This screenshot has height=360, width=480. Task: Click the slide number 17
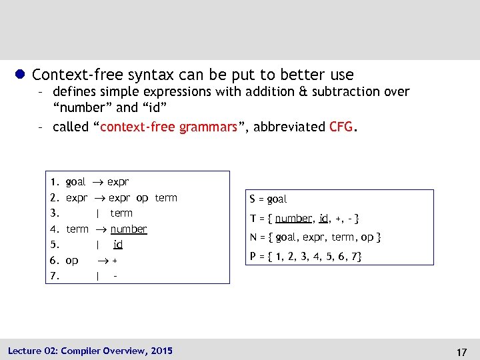point(460,351)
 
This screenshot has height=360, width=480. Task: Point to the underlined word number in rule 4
point(129,229)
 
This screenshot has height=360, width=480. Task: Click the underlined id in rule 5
point(118,244)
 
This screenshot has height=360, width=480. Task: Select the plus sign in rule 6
point(115,260)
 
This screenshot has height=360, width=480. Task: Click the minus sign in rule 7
point(115,275)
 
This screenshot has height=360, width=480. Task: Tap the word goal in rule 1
point(76,182)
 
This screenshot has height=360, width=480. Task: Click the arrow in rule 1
point(97,182)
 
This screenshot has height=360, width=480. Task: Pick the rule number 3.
point(55,213)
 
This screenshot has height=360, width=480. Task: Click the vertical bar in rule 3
point(98,213)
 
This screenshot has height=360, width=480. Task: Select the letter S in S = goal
point(253,199)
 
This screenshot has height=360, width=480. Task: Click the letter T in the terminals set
point(253,218)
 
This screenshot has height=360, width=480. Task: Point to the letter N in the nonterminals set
point(253,237)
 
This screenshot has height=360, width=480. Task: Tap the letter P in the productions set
point(253,256)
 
